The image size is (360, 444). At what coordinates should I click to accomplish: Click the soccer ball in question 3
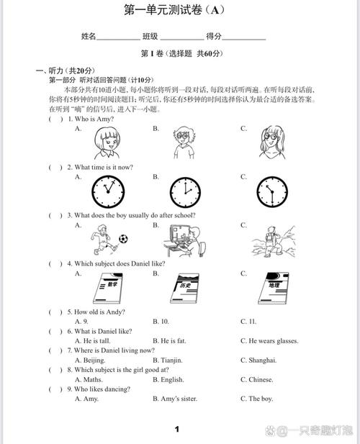pyautogui.click(x=124, y=237)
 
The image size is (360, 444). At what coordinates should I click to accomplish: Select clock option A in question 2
pyautogui.click(x=107, y=192)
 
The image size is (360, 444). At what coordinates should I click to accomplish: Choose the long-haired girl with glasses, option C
pyautogui.click(x=271, y=142)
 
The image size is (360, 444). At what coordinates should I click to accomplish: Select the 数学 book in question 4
pyautogui.click(x=107, y=289)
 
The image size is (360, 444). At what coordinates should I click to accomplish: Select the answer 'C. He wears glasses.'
pyautogui.click(x=269, y=340)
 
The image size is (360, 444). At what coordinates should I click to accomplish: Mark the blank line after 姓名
pyautogui.click(x=120, y=37)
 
